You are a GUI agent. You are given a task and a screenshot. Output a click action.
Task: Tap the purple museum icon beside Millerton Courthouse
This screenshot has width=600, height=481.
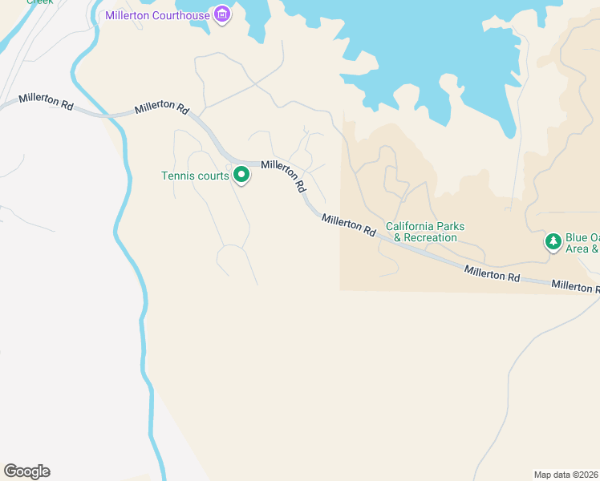222,14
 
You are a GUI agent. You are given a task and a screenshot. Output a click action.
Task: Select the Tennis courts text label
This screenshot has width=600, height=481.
195,176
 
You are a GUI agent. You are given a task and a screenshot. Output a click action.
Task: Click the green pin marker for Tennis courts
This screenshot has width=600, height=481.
241,175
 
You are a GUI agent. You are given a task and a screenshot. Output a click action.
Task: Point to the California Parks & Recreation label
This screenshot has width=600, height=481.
425,232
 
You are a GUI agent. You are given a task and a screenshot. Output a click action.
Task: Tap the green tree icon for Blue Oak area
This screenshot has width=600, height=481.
553,241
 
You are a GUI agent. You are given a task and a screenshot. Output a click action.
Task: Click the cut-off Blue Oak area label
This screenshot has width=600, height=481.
582,243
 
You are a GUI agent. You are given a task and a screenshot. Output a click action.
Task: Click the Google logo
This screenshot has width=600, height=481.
26,471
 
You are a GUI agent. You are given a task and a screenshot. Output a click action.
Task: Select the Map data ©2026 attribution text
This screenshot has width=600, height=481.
566,474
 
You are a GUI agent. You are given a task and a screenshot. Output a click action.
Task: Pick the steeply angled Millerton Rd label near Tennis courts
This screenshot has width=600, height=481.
283,175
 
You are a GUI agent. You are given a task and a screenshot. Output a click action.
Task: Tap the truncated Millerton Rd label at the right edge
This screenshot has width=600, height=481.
575,285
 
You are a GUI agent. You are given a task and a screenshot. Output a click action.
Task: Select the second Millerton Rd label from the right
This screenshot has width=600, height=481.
492,273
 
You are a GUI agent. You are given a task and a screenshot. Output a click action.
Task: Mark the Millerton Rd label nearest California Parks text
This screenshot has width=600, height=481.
348,224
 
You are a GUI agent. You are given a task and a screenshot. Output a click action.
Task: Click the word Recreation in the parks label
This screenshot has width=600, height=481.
430,237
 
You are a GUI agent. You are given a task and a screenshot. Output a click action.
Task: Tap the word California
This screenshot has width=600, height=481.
412,226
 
